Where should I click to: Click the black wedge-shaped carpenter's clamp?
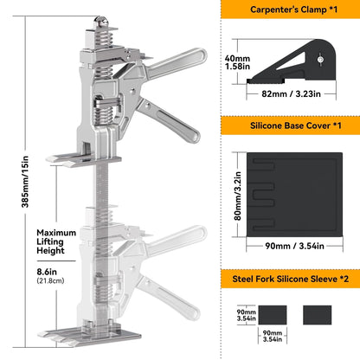[293, 61]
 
